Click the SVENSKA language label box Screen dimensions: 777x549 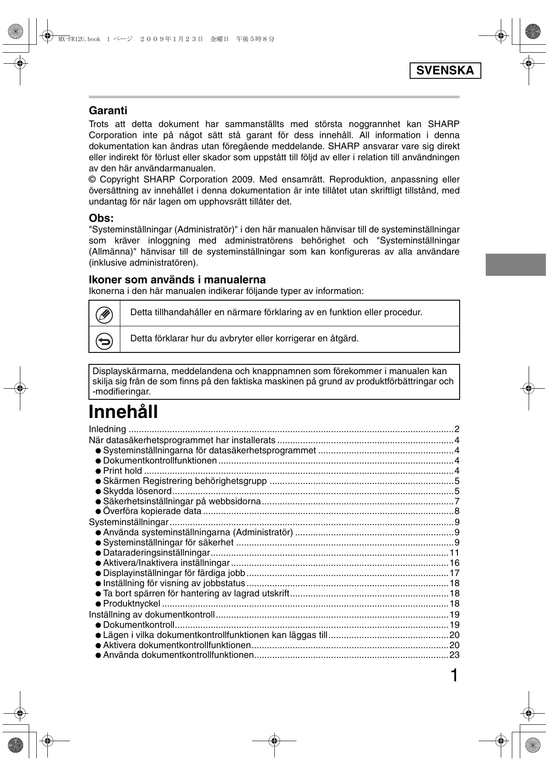(x=445, y=71)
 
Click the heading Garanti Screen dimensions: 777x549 (x=108, y=111)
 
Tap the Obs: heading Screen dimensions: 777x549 (x=101, y=218)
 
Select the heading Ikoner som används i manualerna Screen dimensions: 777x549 (x=177, y=280)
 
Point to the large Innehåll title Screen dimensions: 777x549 (x=123, y=412)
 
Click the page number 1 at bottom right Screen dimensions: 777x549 (x=454, y=676)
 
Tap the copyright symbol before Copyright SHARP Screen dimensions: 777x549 (x=92, y=180)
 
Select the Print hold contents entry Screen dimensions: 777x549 (x=123, y=471)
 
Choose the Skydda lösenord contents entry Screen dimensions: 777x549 (x=137, y=491)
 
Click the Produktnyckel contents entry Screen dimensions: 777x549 (x=132, y=604)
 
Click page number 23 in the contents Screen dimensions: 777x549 (x=454, y=655)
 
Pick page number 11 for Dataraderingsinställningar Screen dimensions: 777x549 (x=454, y=553)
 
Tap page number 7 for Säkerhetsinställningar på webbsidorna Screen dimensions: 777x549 (x=457, y=502)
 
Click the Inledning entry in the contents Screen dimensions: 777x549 (x=107, y=429)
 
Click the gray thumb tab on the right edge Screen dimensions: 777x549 (x=516, y=265)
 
